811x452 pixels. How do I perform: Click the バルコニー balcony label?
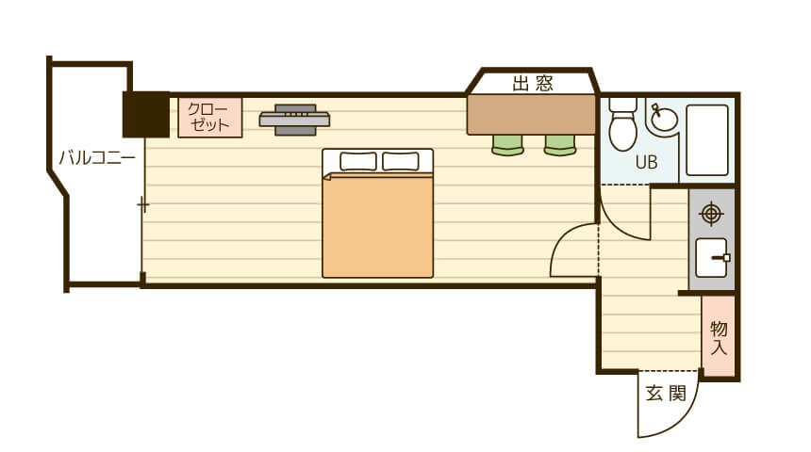point(97,157)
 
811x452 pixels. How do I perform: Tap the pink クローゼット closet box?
point(210,118)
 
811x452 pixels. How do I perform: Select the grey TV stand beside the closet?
point(295,120)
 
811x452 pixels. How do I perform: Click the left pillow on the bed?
point(358,161)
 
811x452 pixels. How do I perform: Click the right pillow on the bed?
point(401,161)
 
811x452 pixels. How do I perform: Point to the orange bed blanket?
point(377,226)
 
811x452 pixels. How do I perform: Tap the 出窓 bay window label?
point(533,83)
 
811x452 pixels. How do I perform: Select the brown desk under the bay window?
point(532,115)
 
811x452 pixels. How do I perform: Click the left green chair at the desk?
point(507,145)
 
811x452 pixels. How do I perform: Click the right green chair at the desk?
point(560,145)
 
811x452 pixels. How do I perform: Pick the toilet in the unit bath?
point(622,123)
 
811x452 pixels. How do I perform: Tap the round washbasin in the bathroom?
point(664,119)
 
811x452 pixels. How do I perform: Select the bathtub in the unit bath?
point(707,140)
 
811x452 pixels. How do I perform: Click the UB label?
point(646,163)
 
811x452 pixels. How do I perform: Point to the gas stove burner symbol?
point(711,214)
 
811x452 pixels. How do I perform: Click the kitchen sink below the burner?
point(712,258)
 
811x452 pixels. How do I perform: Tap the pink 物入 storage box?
point(719,336)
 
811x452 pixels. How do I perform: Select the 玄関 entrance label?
point(666,394)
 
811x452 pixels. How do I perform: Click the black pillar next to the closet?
point(146,114)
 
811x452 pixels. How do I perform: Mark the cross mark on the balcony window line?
point(143,205)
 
